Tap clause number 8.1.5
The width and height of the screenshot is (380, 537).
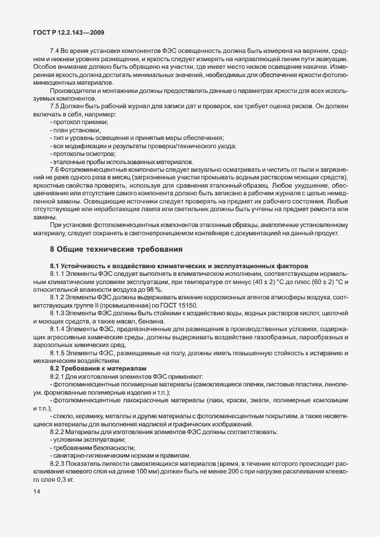click(x=59, y=353)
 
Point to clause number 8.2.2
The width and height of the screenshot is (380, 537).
click(x=59, y=432)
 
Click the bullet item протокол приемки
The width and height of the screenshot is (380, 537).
click(x=80, y=121)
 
